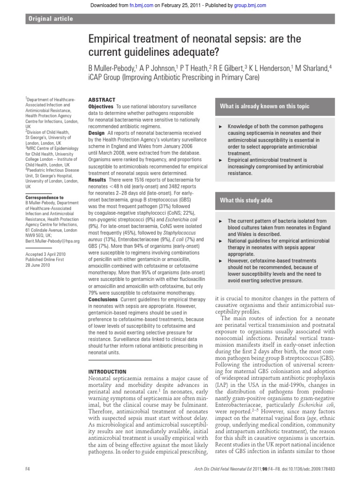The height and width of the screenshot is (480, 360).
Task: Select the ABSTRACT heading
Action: click(102, 100)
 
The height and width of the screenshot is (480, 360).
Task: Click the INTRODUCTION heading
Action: click(107, 371)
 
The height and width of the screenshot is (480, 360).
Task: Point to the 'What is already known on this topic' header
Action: click(265, 106)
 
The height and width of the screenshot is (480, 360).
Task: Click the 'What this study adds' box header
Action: click(247, 201)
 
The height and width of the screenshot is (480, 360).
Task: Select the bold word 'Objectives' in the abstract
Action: click(101, 107)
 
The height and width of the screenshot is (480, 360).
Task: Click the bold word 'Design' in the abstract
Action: click(97, 133)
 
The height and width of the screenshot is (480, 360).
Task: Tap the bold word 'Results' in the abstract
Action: click(97, 180)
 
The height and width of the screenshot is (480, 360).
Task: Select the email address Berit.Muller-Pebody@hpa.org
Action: click(52, 241)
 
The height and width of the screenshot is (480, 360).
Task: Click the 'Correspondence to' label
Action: click(44, 198)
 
